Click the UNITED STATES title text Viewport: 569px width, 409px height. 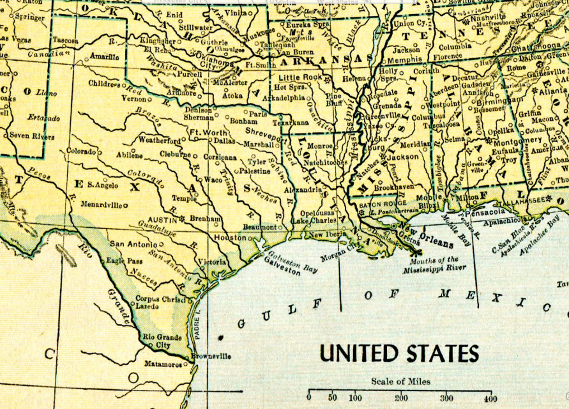(399, 353)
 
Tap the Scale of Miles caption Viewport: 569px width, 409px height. (401, 381)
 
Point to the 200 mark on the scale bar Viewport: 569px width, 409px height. (401, 398)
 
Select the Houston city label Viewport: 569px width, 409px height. (230, 238)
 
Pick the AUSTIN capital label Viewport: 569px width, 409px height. (163, 220)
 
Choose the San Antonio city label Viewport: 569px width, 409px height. (133, 244)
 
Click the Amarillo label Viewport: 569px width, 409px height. (104, 56)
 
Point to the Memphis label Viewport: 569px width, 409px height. (405, 60)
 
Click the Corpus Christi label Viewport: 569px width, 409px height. (161, 299)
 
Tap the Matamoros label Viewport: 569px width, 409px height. (163, 364)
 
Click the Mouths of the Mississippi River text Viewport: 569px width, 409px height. (434, 265)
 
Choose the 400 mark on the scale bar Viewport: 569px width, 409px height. (491, 398)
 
